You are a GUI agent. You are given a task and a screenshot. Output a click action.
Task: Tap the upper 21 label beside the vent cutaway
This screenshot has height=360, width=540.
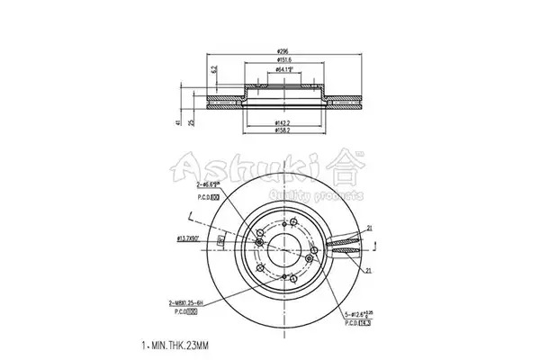(x=369, y=229)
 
